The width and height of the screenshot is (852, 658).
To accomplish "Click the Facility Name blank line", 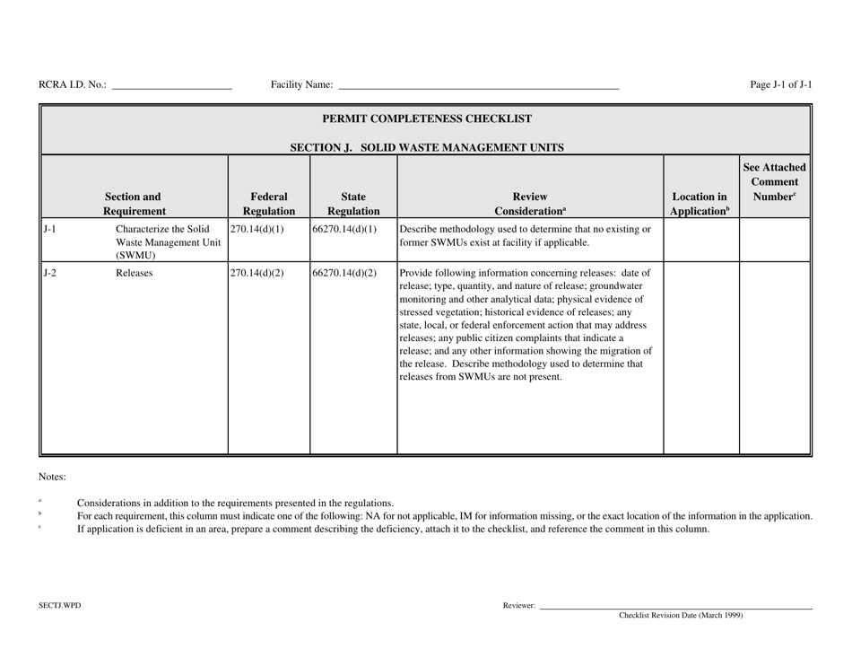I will click(478, 88).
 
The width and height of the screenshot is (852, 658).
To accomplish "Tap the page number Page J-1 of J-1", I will click(781, 85).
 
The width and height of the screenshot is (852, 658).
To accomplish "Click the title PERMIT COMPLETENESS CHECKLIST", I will click(426, 118).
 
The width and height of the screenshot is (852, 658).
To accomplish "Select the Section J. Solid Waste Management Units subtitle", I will click(426, 147).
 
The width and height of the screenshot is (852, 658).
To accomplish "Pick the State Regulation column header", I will click(352, 203).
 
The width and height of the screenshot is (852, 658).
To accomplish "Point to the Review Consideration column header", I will click(530, 203).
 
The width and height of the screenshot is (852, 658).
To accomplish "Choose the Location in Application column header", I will click(700, 203).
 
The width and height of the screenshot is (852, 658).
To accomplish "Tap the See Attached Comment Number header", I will click(775, 182).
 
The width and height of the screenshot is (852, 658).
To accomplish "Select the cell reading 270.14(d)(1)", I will click(256, 230).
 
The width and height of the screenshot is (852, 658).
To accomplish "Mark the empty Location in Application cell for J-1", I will click(700, 239).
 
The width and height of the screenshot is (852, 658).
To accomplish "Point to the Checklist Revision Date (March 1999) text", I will click(681, 616).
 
